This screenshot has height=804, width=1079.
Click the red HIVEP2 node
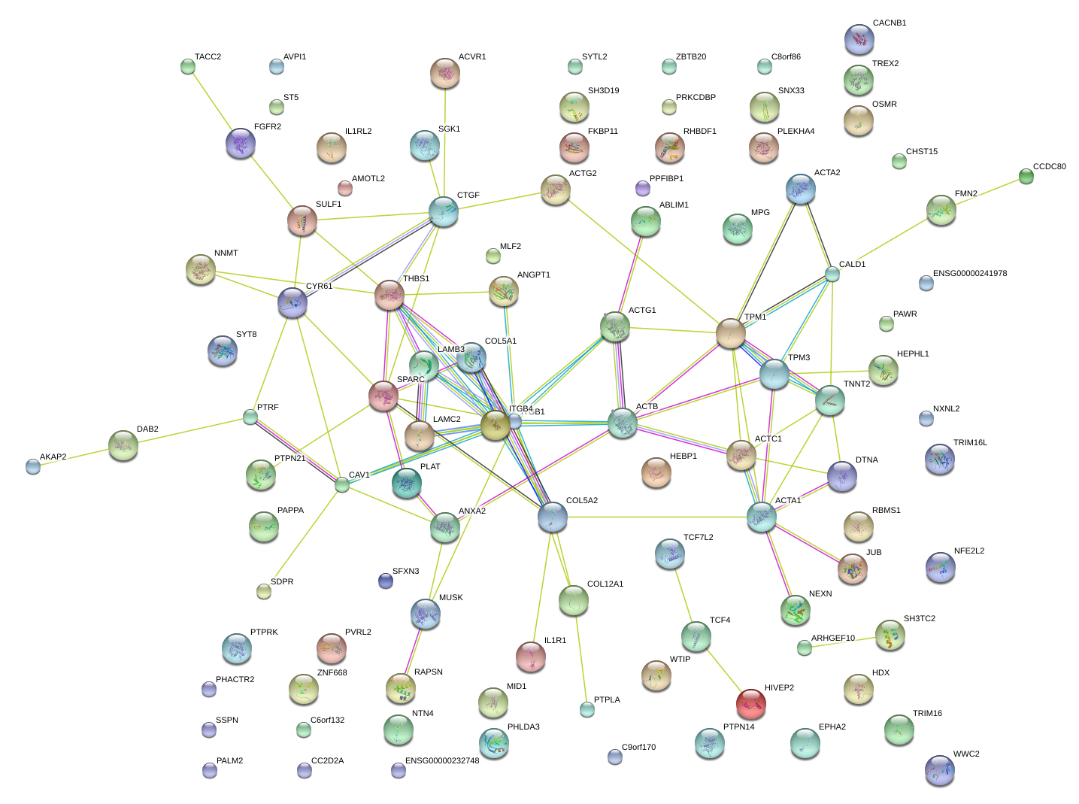750,703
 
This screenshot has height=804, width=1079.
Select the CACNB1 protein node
859,39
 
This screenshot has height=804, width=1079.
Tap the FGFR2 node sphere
241,143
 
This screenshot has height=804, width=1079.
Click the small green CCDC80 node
1026,176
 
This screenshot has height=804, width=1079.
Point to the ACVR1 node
445,73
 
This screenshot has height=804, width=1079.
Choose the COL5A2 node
553,517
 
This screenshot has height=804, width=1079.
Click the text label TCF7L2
698,538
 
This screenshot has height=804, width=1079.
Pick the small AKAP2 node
33,466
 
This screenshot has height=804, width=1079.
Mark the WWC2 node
939,769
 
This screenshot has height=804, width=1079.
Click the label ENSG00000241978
969,274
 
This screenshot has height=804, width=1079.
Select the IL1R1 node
531,657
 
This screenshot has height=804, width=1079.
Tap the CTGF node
444,211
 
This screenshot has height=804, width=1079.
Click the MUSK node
426,614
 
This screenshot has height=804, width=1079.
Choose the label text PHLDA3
523,727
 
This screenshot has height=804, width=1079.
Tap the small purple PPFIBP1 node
642,187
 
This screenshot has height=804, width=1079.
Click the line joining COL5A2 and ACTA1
658,517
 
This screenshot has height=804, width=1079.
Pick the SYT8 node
222,350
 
